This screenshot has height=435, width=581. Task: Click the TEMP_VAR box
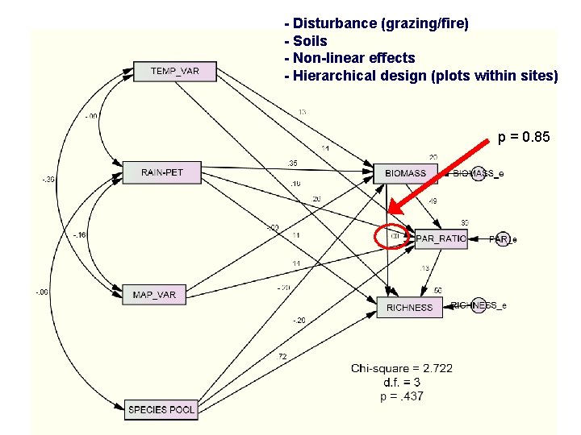pyautogui.click(x=174, y=71)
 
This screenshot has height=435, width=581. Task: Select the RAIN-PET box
pyautogui.click(x=161, y=172)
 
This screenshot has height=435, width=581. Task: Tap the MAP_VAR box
pyautogui.click(x=154, y=294)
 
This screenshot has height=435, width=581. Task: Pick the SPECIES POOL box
pyautogui.click(x=161, y=409)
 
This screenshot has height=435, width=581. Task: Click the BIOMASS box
pyautogui.click(x=406, y=173)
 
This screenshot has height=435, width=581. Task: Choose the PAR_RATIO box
pyautogui.click(x=441, y=238)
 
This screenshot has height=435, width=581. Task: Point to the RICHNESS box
pyautogui.click(x=409, y=307)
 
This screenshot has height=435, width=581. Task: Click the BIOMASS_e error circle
pyautogui.click(x=479, y=173)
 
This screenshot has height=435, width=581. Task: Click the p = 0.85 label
pyautogui.click(x=524, y=138)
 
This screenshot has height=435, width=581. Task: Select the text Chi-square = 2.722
pyautogui.click(x=402, y=368)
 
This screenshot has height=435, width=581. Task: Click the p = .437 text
pyautogui.click(x=402, y=396)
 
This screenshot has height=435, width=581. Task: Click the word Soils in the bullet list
pyautogui.click(x=310, y=41)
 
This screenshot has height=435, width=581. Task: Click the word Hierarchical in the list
pyautogui.click(x=332, y=76)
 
